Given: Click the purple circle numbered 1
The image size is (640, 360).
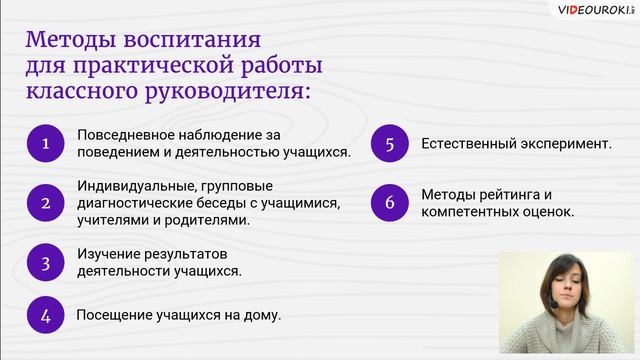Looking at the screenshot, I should point(45,144).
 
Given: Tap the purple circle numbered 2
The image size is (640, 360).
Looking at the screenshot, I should point(45,203).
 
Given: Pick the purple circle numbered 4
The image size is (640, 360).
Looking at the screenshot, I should point(45,315).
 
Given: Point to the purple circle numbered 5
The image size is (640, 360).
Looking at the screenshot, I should point(389,144).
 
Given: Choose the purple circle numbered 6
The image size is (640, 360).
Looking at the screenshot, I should point(389,203).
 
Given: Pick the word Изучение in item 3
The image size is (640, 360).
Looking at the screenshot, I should point(106,253).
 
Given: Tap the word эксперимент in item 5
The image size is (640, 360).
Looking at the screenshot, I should point(561,144).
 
